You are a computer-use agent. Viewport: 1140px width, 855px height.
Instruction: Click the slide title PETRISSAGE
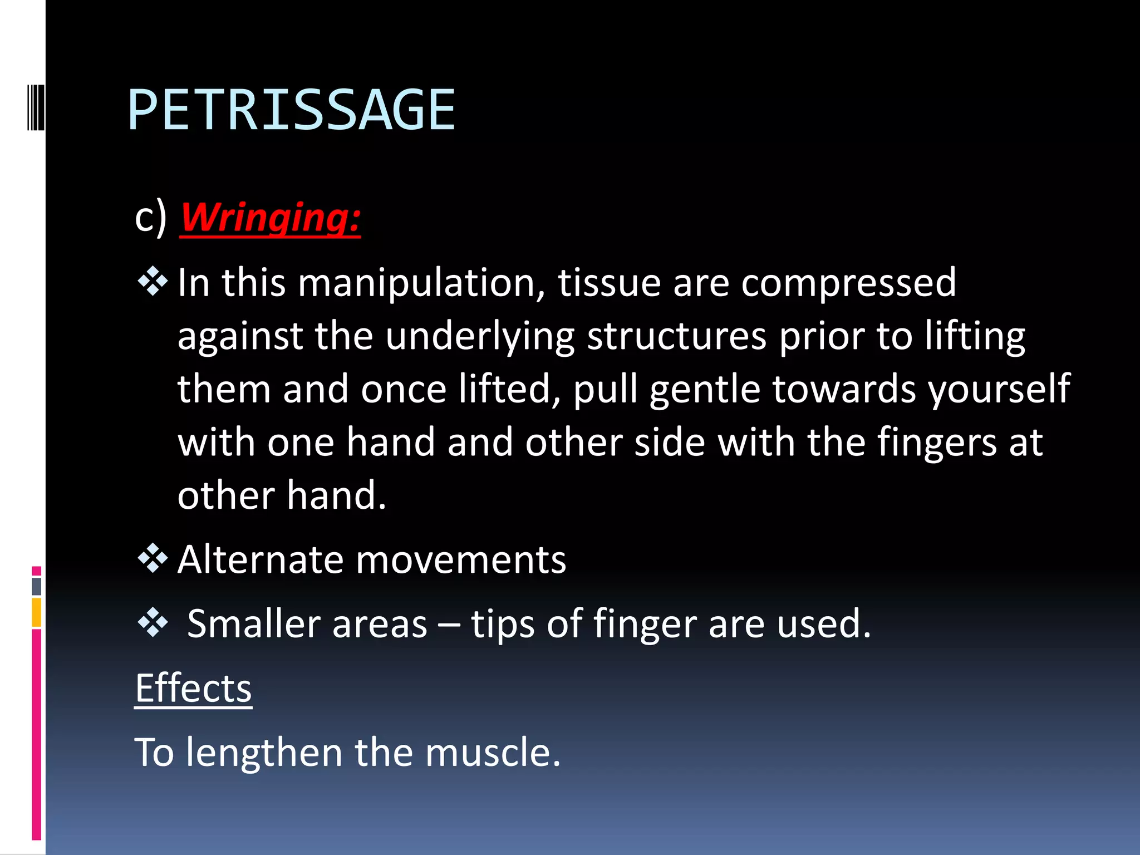click(x=291, y=110)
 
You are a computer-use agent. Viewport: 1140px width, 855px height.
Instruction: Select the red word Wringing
click(x=270, y=218)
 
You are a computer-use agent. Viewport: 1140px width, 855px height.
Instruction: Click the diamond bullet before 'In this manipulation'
click(x=153, y=282)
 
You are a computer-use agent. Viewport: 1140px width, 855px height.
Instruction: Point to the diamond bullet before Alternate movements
click(x=153, y=558)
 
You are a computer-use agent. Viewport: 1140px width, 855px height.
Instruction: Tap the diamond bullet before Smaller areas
click(x=153, y=622)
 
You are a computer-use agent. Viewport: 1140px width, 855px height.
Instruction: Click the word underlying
click(x=480, y=337)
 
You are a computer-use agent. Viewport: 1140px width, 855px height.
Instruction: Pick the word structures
click(x=677, y=336)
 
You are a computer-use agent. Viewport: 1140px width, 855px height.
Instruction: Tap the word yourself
click(x=999, y=389)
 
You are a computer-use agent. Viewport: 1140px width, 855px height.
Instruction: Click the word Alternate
click(x=261, y=559)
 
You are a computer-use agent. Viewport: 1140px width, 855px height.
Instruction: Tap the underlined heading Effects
click(x=193, y=688)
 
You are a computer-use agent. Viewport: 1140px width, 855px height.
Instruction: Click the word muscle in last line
click(x=493, y=753)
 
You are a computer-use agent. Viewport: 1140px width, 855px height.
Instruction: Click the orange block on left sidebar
click(x=37, y=612)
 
